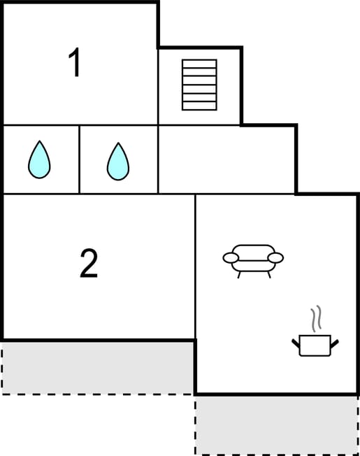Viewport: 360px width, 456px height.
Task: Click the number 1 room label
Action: [x=74, y=62]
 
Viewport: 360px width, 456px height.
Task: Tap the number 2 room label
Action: [x=89, y=263]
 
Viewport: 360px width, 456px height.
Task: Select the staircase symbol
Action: [x=199, y=85]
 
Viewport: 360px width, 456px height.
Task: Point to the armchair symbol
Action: [x=253, y=261]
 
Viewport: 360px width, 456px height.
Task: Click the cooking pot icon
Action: [x=315, y=345]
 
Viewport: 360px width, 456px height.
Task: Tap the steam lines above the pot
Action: [x=316, y=319]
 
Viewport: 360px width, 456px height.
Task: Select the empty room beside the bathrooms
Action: [x=226, y=159]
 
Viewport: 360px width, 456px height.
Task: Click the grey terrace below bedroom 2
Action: [x=98, y=368]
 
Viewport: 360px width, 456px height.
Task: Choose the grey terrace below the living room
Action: [x=277, y=425]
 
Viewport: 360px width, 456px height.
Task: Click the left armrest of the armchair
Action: [x=231, y=257]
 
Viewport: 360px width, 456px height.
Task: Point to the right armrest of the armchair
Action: [x=275, y=257]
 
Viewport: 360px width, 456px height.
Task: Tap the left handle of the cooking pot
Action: [x=296, y=343]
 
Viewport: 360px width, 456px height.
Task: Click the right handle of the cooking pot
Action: [x=335, y=343]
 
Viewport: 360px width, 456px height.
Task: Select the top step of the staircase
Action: [x=199, y=64]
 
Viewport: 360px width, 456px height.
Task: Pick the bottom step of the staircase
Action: [x=199, y=106]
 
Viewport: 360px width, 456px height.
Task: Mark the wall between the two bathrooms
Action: [x=79, y=159]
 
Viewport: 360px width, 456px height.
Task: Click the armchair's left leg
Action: [x=239, y=275]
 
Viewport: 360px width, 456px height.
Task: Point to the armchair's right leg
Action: [x=269, y=275]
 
